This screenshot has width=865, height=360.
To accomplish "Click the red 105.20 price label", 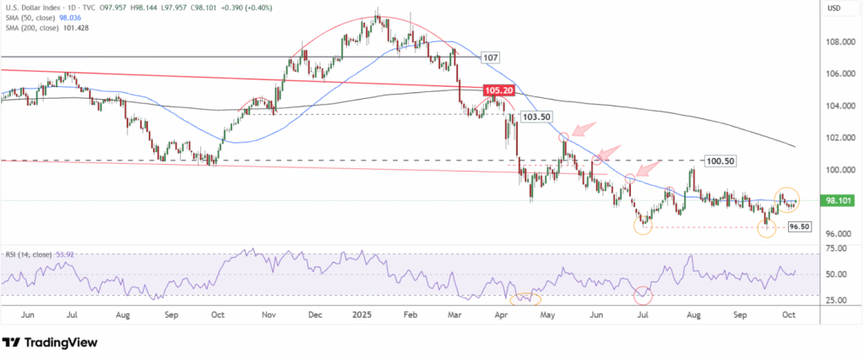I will click(x=498, y=90).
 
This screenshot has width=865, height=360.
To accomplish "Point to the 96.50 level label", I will click(x=799, y=227).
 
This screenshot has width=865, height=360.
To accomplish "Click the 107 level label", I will click(x=489, y=57).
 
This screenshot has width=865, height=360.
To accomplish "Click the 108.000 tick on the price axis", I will click(x=837, y=41).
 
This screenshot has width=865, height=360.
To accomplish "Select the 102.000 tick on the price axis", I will click(x=837, y=137).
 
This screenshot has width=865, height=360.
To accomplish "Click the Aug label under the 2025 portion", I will click(x=694, y=314).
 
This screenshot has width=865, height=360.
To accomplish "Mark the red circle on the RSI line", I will click(x=644, y=295).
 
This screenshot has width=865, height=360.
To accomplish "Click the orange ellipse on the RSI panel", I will click(x=526, y=297).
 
